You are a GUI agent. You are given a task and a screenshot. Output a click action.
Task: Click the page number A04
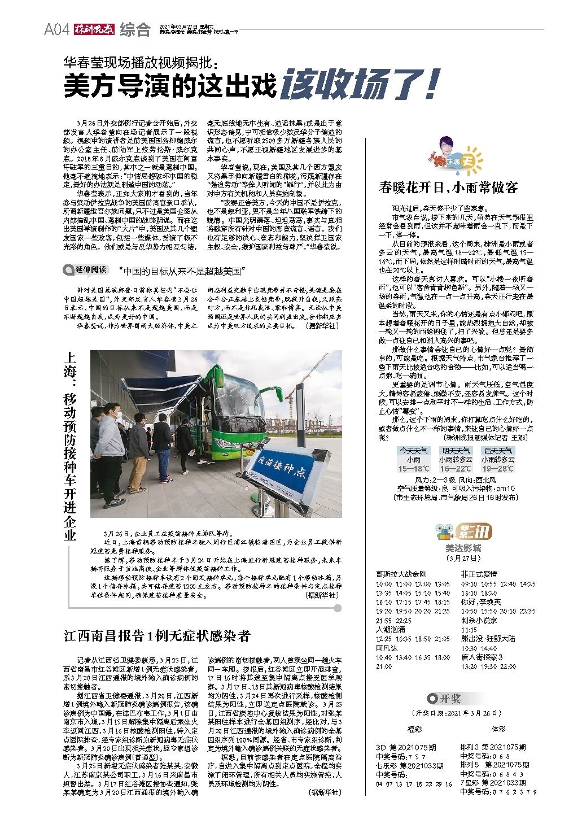tap(56, 30)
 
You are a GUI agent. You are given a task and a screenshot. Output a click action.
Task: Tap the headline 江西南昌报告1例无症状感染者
tap(157, 636)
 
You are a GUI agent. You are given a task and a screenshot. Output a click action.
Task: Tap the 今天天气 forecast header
tap(414, 451)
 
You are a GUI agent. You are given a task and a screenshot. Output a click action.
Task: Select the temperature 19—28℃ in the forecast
tap(498, 469)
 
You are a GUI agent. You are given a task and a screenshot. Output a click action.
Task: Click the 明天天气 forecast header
tap(456, 451)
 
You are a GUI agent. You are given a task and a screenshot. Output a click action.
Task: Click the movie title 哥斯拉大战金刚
tap(401, 574)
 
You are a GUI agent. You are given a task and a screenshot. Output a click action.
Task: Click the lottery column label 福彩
tap(415, 729)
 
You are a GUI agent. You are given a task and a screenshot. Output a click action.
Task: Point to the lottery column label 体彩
tap(498, 729)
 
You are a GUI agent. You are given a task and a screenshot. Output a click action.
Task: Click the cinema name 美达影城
tap(463, 548)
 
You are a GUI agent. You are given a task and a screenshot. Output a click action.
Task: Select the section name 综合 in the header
tap(135, 30)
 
